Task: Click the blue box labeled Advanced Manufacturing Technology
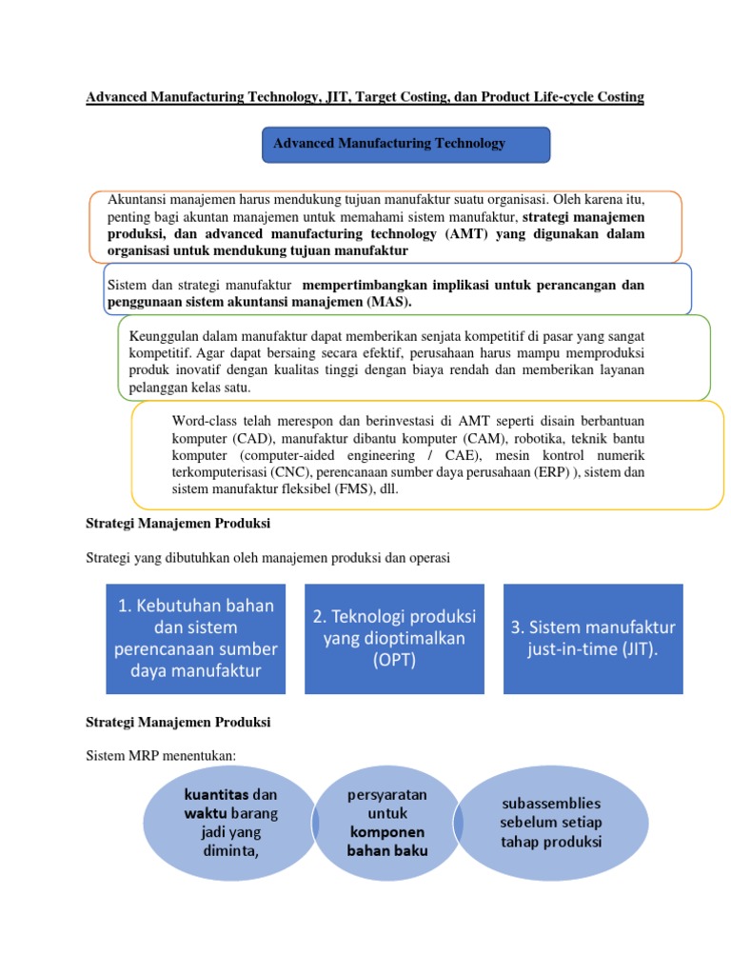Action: [405, 144]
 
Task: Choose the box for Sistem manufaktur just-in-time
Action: [594, 639]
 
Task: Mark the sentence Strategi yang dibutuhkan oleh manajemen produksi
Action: [267, 557]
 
